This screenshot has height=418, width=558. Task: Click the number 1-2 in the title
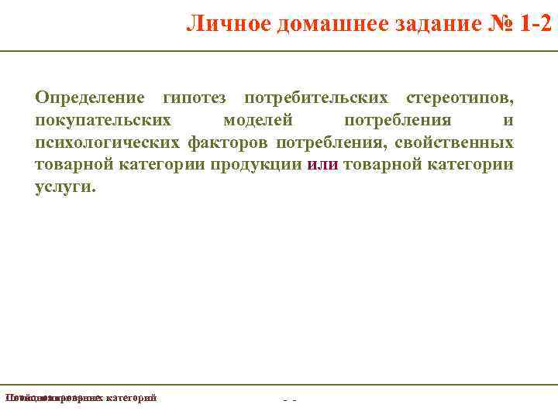tap(536, 24)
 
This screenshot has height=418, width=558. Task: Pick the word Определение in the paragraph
tap(89, 99)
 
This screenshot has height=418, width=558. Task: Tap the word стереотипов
tap(459, 99)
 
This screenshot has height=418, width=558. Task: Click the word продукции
tap(263, 165)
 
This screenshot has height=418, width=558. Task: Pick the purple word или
tap(322, 165)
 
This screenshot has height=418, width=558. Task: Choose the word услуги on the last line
tap(65, 187)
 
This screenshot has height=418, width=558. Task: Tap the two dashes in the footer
tap(290, 399)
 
